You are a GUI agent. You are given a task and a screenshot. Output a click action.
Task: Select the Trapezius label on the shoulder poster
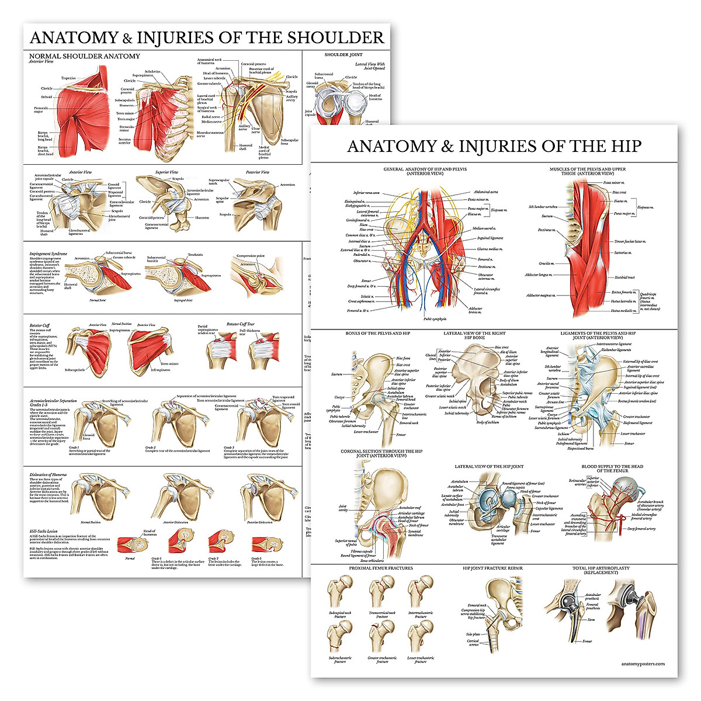(x=68, y=78)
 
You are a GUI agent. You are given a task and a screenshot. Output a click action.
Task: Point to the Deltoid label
(x=46, y=97)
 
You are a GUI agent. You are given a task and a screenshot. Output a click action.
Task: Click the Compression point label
(x=251, y=256)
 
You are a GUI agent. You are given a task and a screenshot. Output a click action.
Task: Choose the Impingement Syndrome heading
(x=48, y=254)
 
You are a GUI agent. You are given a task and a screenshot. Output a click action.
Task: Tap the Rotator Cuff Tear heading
(x=240, y=324)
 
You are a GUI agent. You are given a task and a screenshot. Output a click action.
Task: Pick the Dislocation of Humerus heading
(x=48, y=475)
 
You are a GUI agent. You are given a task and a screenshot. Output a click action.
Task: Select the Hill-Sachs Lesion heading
(x=44, y=532)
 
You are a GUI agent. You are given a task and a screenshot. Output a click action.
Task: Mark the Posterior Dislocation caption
(x=261, y=522)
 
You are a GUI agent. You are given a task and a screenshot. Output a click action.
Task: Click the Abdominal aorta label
(x=485, y=192)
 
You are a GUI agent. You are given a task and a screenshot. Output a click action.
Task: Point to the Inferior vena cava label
(x=366, y=193)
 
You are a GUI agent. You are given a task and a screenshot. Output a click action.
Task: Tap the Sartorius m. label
(x=622, y=253)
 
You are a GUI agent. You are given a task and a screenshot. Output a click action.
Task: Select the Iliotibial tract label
(x=624, y=277)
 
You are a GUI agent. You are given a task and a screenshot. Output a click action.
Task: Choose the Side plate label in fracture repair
(x=473, y=634)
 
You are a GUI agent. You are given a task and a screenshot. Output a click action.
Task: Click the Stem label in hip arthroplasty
(x=591, y=620)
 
